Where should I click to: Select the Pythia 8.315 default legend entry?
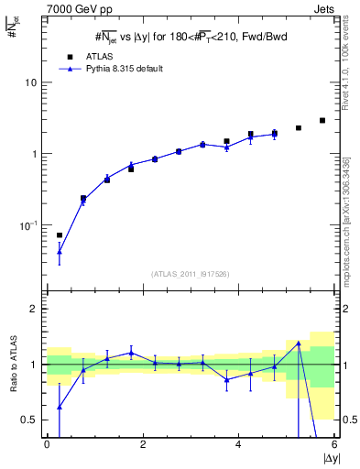coord(119,69)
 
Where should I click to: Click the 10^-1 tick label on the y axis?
coord(28,225)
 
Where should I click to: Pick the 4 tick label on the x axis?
coord(238,445)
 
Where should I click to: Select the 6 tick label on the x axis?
coord(334,445)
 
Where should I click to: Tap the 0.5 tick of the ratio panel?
coord(28,420)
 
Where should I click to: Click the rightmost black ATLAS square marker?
coord(322,120)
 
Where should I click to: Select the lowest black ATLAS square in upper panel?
coord(60,235)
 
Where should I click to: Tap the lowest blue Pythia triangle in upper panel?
coord(60,251)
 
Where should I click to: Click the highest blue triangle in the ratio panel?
coord(299,344)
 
